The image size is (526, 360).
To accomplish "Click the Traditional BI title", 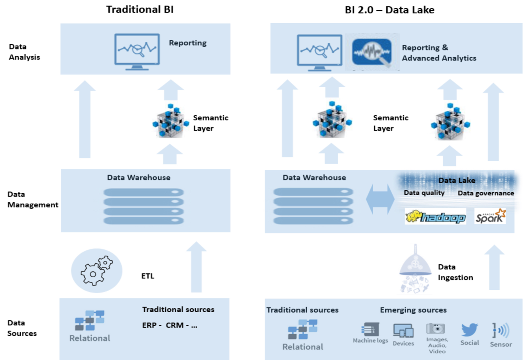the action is [x=140, y=10].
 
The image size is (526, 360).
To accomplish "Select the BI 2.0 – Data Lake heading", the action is [x=390, y=10].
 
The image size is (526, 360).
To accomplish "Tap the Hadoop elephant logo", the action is [x=435, y=216].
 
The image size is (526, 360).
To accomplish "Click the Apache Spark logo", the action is [x=490, y=216].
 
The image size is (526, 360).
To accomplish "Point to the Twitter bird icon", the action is [x=470, y=330].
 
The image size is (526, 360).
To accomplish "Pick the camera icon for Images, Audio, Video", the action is [x=435, y=328].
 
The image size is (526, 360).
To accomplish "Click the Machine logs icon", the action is [x=370, y=329].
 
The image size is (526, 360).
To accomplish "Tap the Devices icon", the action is [x=403, y=331].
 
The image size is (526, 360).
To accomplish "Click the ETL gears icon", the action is [x=97, y=271].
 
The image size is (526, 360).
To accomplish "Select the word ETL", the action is [x=148, y=276].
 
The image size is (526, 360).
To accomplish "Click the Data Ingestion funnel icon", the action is [x=415, y=269].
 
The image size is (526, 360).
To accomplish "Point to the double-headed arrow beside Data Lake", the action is [x=380, y=199].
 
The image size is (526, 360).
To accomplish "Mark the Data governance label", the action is [x=486, y=193].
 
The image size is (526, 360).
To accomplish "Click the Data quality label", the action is [x=424, y=193].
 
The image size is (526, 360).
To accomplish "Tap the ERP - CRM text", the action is [x=170, y=325].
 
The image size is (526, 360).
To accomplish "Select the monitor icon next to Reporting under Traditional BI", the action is [x=137, y=52].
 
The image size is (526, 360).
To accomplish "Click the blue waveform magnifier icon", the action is [x=372, y=53].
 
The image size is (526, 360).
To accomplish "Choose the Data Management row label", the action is [x=33, y=200].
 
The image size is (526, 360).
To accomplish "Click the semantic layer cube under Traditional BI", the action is [x=170, y=120].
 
